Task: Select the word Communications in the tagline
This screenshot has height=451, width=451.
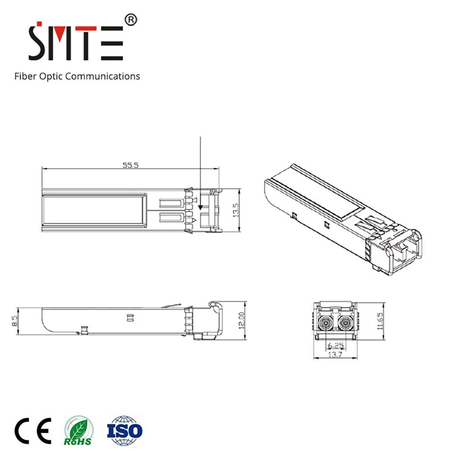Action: (103, 76)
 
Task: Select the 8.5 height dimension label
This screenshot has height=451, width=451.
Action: (15, 321)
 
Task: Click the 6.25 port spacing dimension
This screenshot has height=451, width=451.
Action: (335, 346)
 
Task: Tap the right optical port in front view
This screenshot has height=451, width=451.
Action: (345, 322)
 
